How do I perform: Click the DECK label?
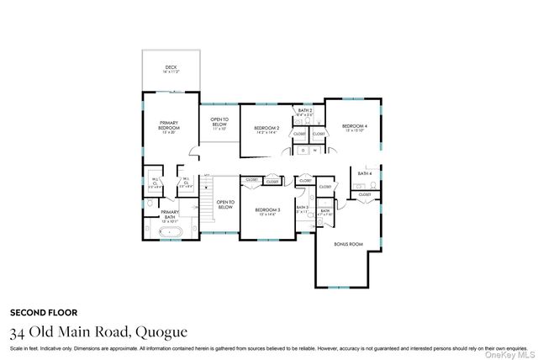(171, 68)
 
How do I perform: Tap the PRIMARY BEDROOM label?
(170, 126)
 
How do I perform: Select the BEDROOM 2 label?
(266, 129)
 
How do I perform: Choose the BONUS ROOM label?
(349, 244)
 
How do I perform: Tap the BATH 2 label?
(305, 111)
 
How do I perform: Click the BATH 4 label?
(364, 173)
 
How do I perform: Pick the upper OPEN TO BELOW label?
(219, 123)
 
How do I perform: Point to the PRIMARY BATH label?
(170, 214)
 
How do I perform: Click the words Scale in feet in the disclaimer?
(24, 347)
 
